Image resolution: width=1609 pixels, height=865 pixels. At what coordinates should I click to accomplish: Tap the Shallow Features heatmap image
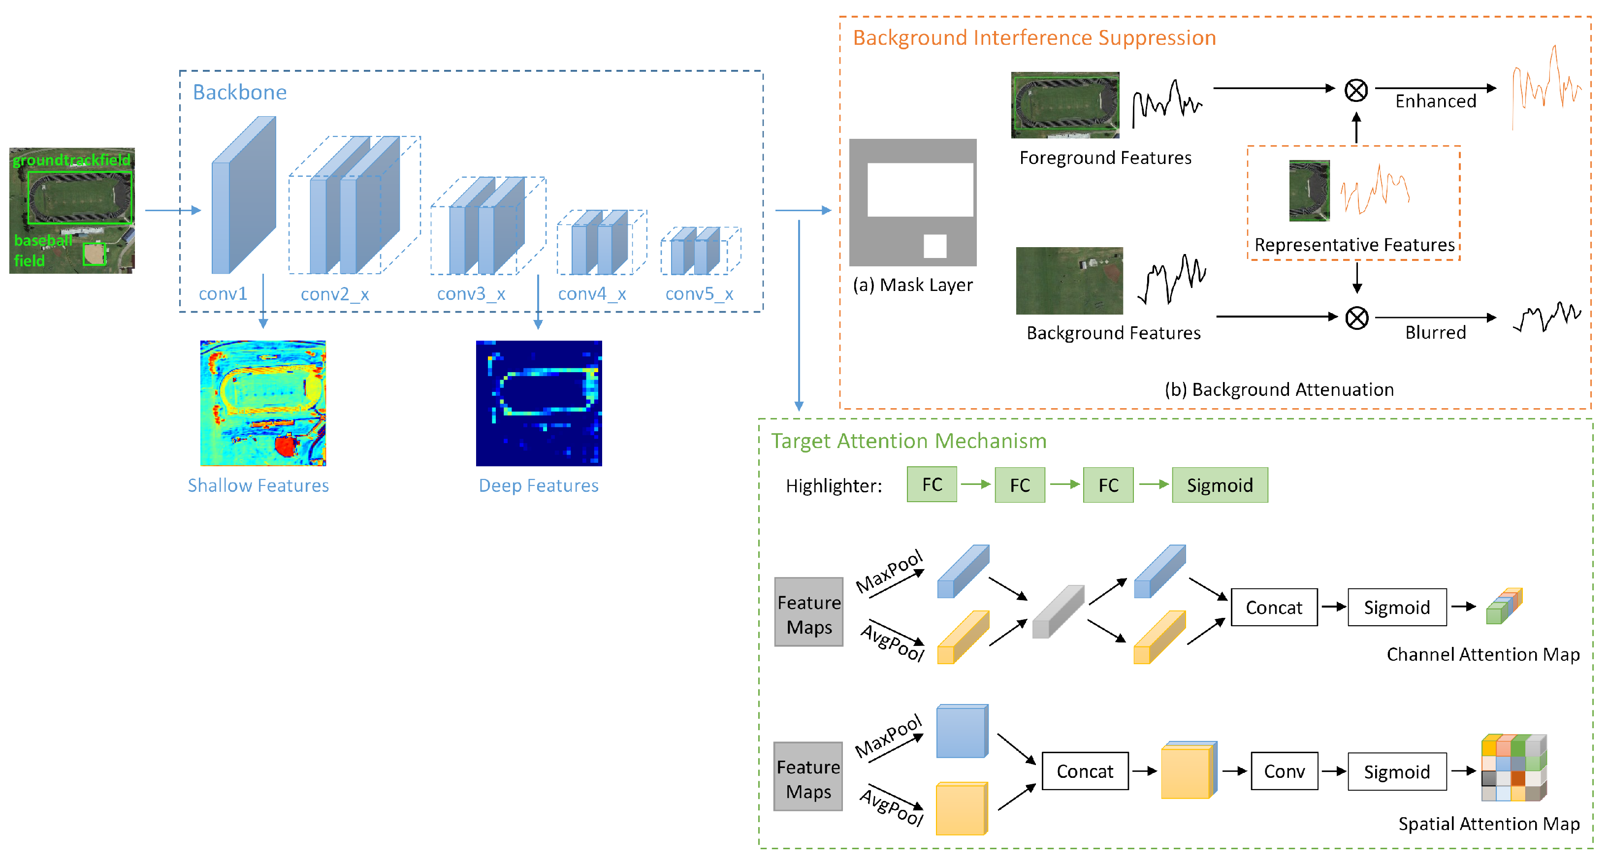coord(263,403)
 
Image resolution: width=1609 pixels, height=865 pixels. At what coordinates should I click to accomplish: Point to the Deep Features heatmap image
coord(539,403)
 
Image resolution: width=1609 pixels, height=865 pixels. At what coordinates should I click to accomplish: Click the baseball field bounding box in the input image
coord(95,254)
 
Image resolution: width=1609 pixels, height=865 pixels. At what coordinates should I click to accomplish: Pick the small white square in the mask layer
coord(934,246)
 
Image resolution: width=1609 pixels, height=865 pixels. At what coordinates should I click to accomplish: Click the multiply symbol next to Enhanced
coord(1355,90)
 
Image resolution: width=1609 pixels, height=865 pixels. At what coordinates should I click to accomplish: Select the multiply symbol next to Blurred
coord(1356,318)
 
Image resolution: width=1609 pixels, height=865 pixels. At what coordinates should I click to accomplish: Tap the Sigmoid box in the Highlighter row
coord(1219,485)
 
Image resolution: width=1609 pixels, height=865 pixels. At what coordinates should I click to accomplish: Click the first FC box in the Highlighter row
coord(932,484)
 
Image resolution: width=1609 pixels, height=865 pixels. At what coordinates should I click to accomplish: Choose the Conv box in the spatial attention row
coord(1284,771)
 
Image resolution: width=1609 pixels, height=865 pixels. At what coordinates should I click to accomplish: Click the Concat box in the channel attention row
coord(1274,607)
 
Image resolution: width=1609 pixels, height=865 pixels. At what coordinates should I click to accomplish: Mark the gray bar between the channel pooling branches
coord(1058,612)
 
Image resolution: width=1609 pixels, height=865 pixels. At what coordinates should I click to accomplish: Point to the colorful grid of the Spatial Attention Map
coord(1513,768)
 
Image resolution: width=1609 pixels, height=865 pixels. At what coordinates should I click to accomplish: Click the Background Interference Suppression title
coord(1034,37)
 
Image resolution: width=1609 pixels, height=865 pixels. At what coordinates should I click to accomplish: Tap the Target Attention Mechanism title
coord(908,441)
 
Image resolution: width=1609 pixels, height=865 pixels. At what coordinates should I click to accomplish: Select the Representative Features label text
coord(1354,245)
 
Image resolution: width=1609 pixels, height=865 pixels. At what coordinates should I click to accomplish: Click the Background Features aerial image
coord(1069,281)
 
